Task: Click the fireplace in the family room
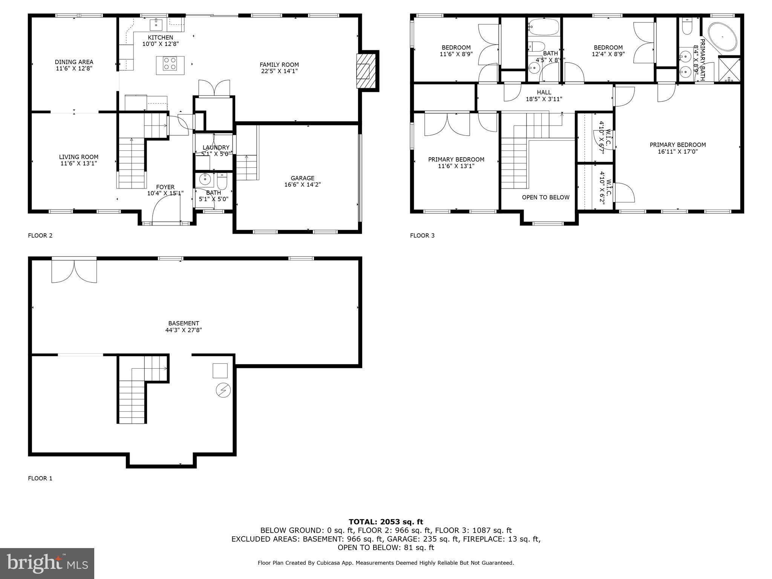(x=366, y=71)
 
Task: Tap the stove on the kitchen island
(x=170, y=63)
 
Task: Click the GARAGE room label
(x=302, y=178)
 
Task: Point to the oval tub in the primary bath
(x=722, y=37)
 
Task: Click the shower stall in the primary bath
(x=729, y=69)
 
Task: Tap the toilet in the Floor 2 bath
(x=222, y=182)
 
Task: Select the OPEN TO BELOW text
(x=545, y=197)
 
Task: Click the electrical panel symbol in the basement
(x=223, y=390)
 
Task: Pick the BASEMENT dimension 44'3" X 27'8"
(x=184, y=330)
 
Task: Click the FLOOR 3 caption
(x=422, y=236)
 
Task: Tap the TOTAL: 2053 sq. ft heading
(x=386, y=522)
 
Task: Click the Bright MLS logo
(x=47, y=563)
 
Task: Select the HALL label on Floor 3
(x=544, y=92)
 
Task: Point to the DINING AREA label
(x=74, y=62)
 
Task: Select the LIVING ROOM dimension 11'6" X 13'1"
(x=78, y=164)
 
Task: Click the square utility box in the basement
(x=220, y=371)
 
